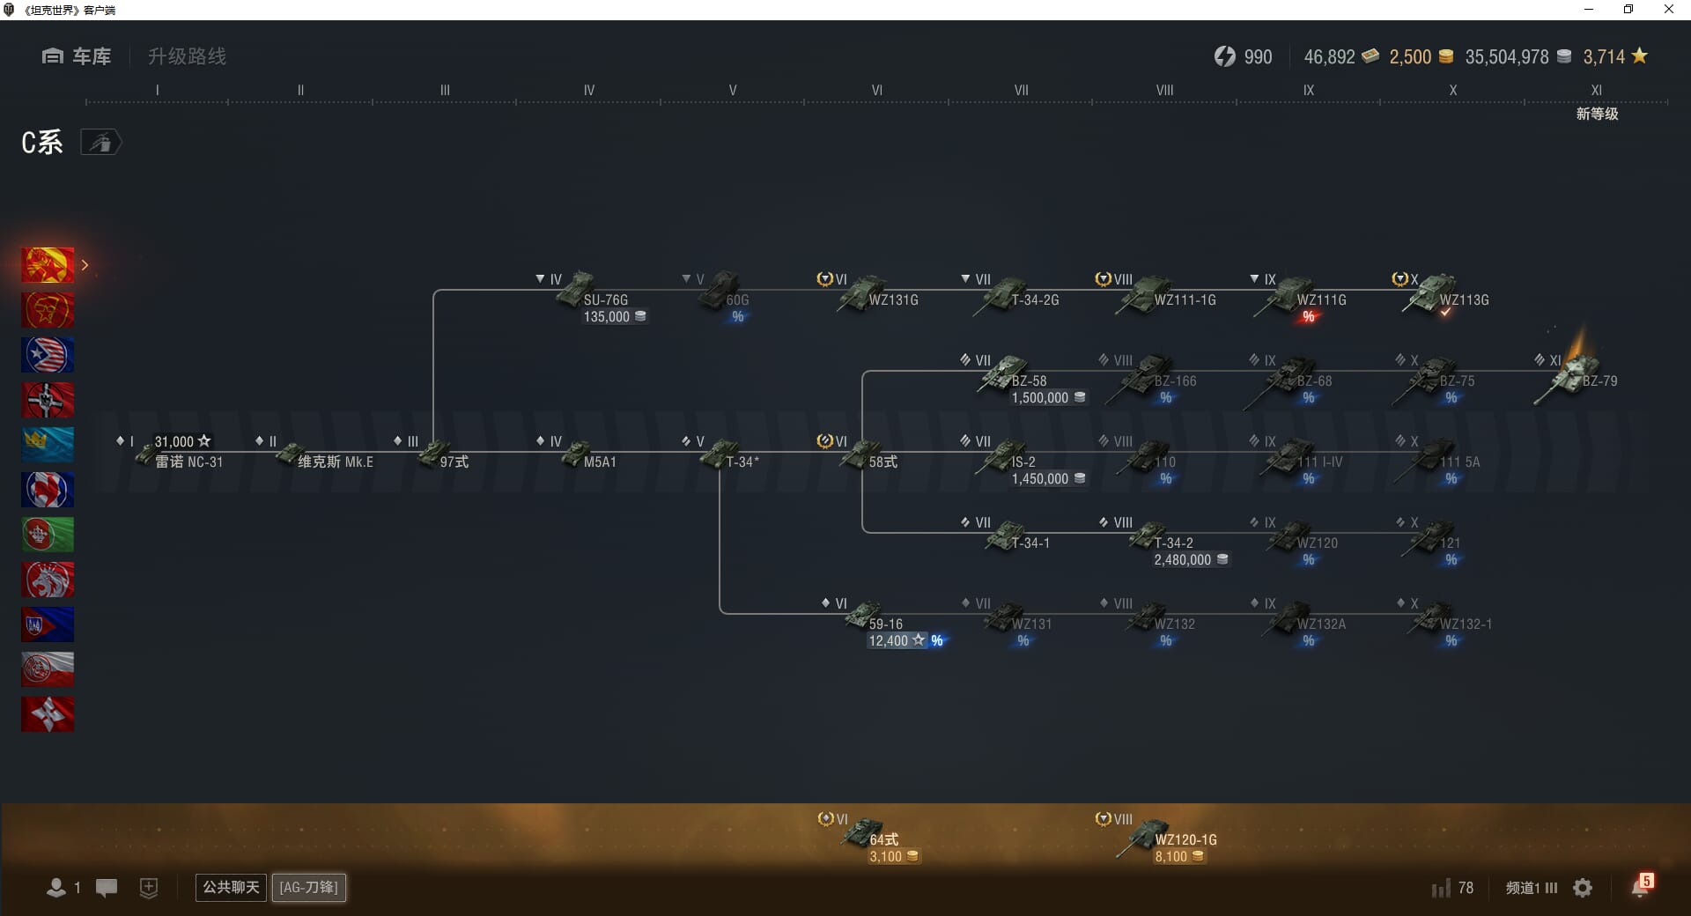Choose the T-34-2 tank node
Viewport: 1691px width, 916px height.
[1149, 537]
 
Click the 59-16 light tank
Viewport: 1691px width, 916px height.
[864, 617]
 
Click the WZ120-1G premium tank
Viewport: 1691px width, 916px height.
[1149, 835]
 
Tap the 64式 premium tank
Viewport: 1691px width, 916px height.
[864, 833]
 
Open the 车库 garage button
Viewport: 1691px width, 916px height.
[77, 56]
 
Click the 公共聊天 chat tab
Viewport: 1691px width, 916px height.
[231, 887]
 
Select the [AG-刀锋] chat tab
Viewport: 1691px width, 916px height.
[308, 887]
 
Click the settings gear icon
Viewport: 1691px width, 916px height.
[1583, 888]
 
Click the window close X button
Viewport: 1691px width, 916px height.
[1668, 10]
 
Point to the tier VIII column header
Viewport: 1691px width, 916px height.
[1164, 90]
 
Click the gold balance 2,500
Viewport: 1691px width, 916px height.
[1410, 57]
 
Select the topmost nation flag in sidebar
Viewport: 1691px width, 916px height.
[48, 265]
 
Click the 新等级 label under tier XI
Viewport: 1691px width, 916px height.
[1597, 114]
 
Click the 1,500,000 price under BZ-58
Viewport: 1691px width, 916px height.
[1040, 398]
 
